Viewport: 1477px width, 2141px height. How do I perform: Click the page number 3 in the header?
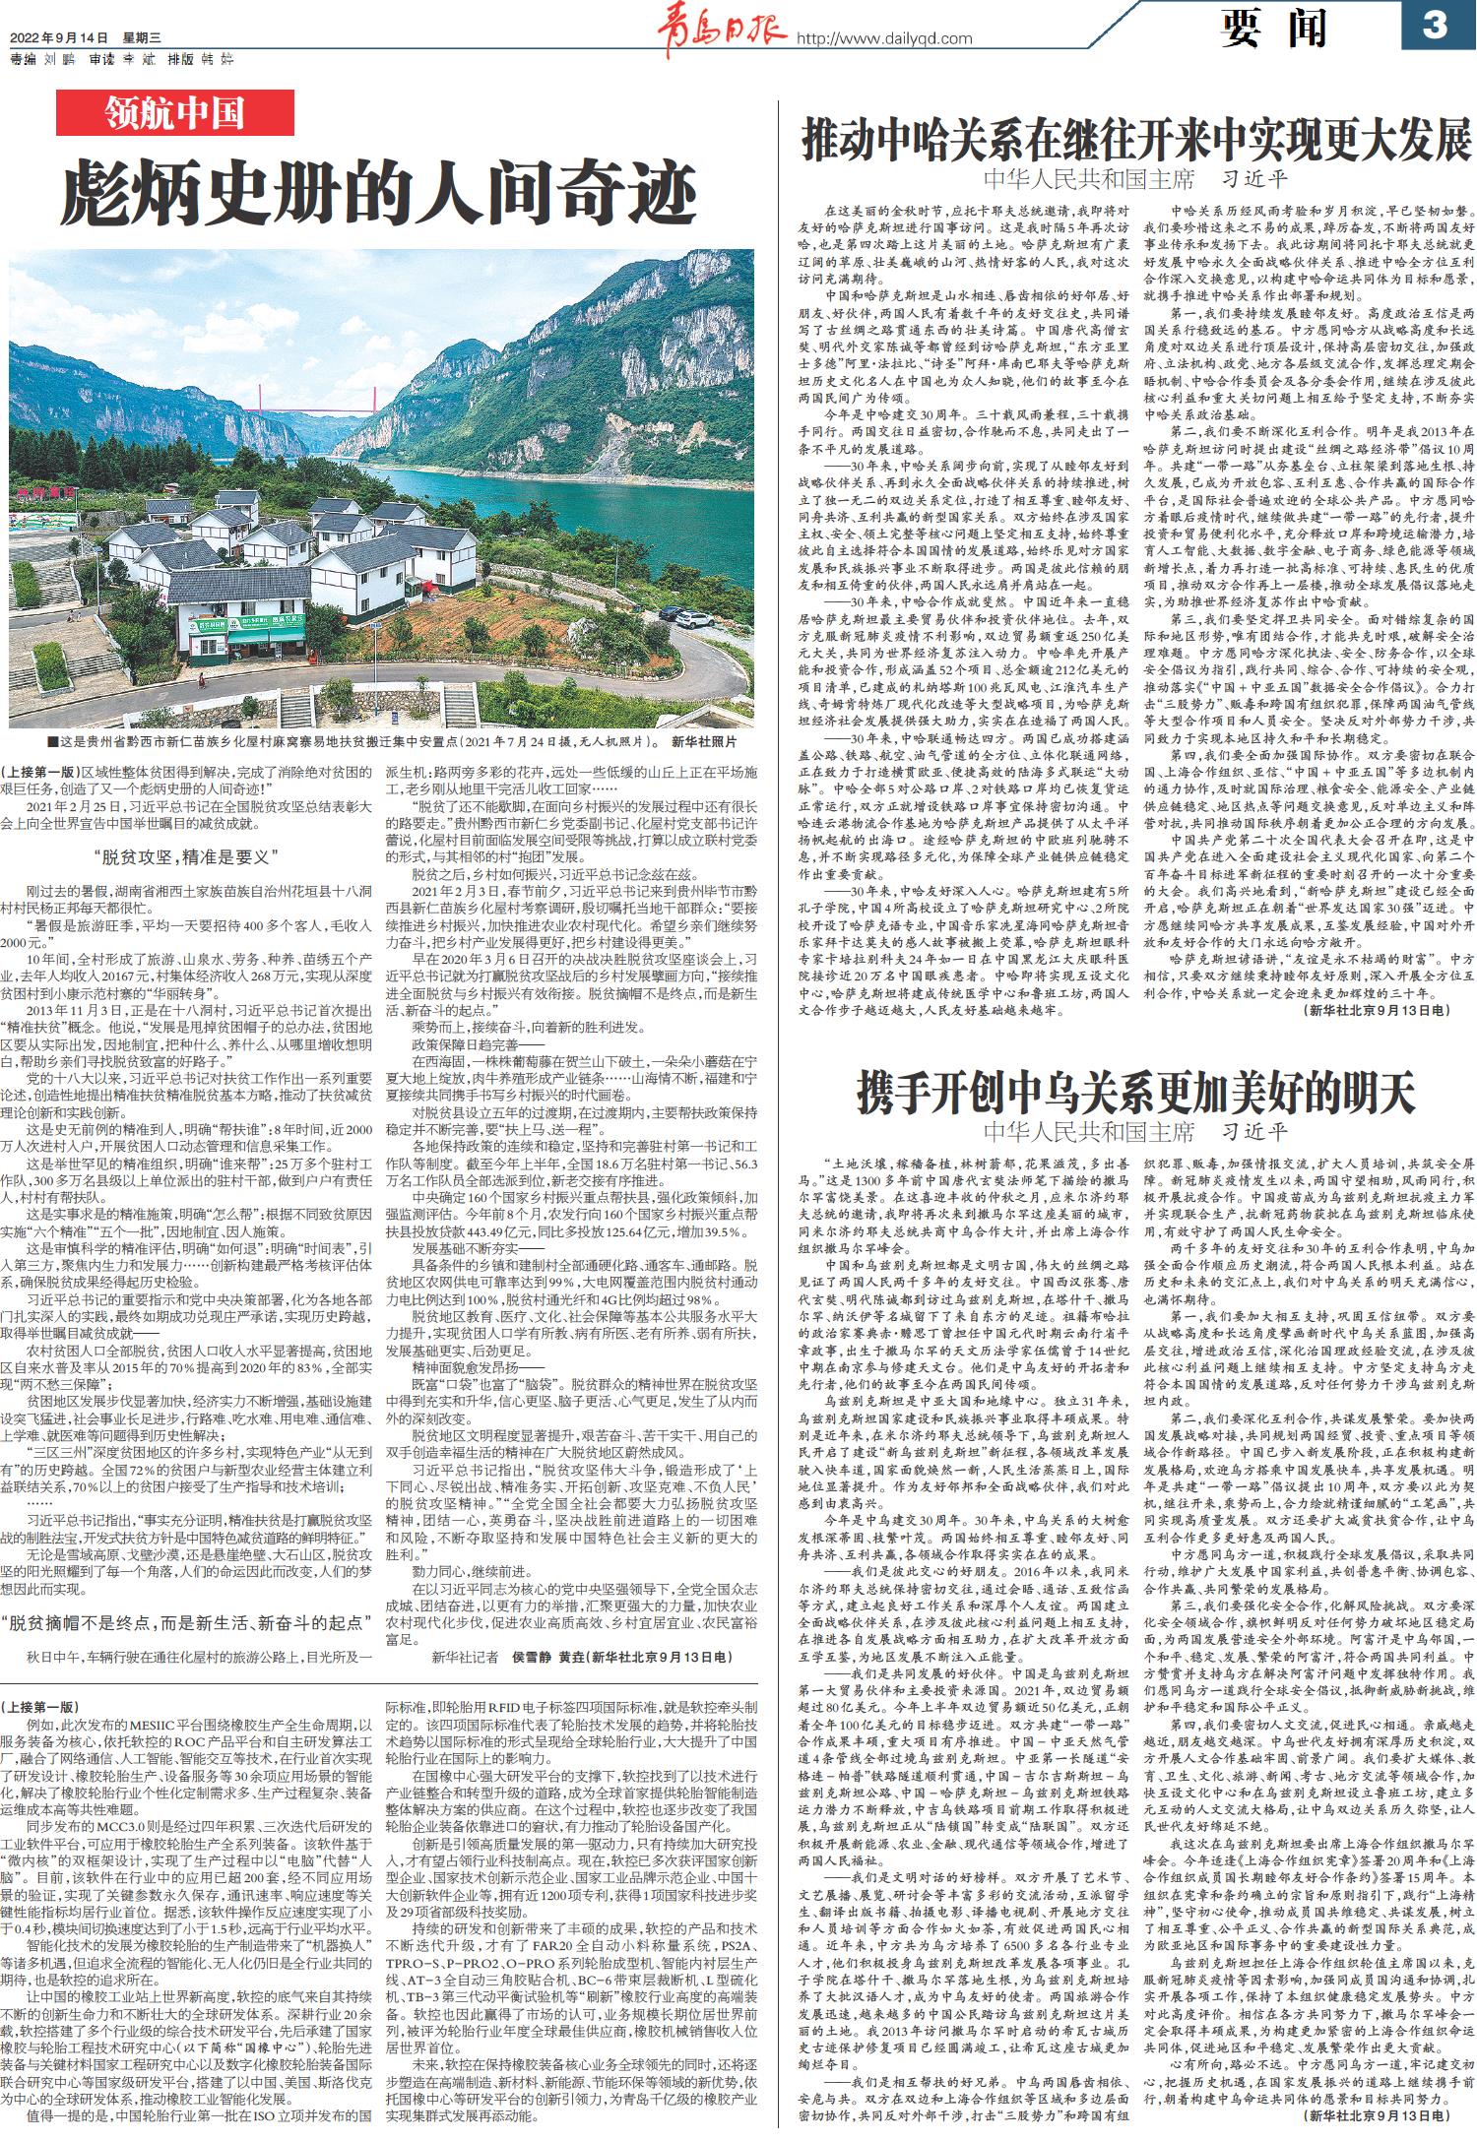tap(1436, 24)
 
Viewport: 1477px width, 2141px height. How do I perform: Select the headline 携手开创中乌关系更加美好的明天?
tap(1137, 1092)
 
